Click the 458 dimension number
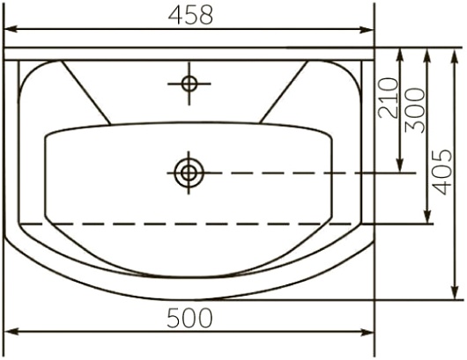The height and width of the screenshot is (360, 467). pos(190,15)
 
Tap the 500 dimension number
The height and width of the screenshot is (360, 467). pos(189,318)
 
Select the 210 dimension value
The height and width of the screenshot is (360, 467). pos(388,98)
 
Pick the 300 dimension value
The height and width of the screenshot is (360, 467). pos(415,110)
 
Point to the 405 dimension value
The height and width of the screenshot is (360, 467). pos(442,173)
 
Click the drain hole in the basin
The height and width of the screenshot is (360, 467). pos(189,173)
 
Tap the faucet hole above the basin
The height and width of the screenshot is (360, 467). pos(189,84)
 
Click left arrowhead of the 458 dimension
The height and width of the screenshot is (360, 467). pos(10,29)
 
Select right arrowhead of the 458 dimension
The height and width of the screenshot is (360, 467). pos(367,29)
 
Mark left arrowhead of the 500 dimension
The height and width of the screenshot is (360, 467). pos(11,332)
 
